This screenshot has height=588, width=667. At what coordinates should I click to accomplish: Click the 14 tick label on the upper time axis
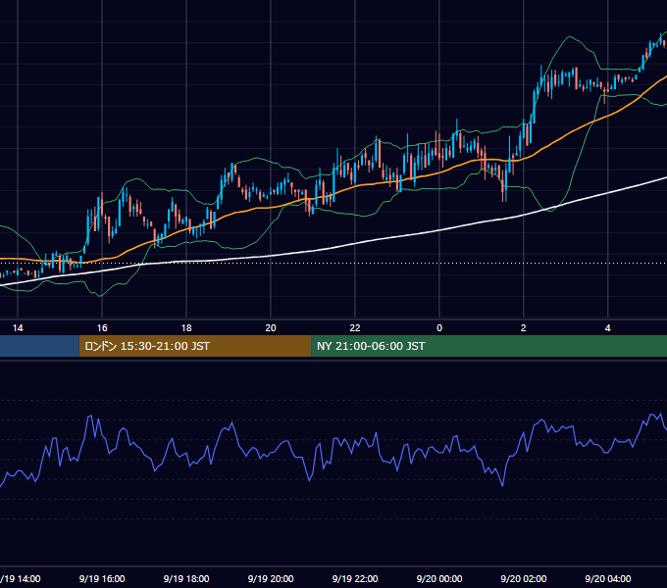tap(18, 328)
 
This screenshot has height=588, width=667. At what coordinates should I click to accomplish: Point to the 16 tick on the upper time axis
tap(102, 328)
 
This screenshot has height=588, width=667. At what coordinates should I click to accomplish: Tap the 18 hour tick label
tap(186, 328)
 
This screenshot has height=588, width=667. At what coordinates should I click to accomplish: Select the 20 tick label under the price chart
tap(271, 328)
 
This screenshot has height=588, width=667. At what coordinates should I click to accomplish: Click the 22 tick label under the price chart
tap(355, 328)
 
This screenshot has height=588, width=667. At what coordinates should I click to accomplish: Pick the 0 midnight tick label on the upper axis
tap(439, 328)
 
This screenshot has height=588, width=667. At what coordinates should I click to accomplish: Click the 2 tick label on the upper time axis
tap(524, 328)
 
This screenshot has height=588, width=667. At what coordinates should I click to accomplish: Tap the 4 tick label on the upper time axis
tap(608, 328)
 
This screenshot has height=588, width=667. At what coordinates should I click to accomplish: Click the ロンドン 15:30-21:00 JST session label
tap(147, 346)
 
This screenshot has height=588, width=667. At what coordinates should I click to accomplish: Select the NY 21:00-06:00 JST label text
tap(371, 346)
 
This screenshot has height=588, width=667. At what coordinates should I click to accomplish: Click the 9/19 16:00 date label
tap(102, 578)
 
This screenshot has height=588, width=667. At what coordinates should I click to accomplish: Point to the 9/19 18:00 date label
tap(186, 578)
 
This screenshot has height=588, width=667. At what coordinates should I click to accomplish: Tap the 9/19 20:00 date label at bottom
tap(271, 578)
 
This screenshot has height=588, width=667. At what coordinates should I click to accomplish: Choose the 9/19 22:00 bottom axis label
tap(355, 578)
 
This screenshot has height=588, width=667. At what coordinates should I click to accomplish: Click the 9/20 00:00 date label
tap(439, 578)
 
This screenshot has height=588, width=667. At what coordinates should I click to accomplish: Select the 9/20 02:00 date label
tap(524, 578)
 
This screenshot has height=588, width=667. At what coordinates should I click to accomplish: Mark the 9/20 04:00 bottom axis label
tap(608, 578)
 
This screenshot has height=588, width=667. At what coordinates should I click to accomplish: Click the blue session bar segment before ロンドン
tap(39, 346)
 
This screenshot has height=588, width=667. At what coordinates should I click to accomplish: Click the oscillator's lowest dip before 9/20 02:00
tap(503, 486)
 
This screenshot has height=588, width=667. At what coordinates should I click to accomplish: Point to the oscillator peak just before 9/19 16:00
tap(90, 416)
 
